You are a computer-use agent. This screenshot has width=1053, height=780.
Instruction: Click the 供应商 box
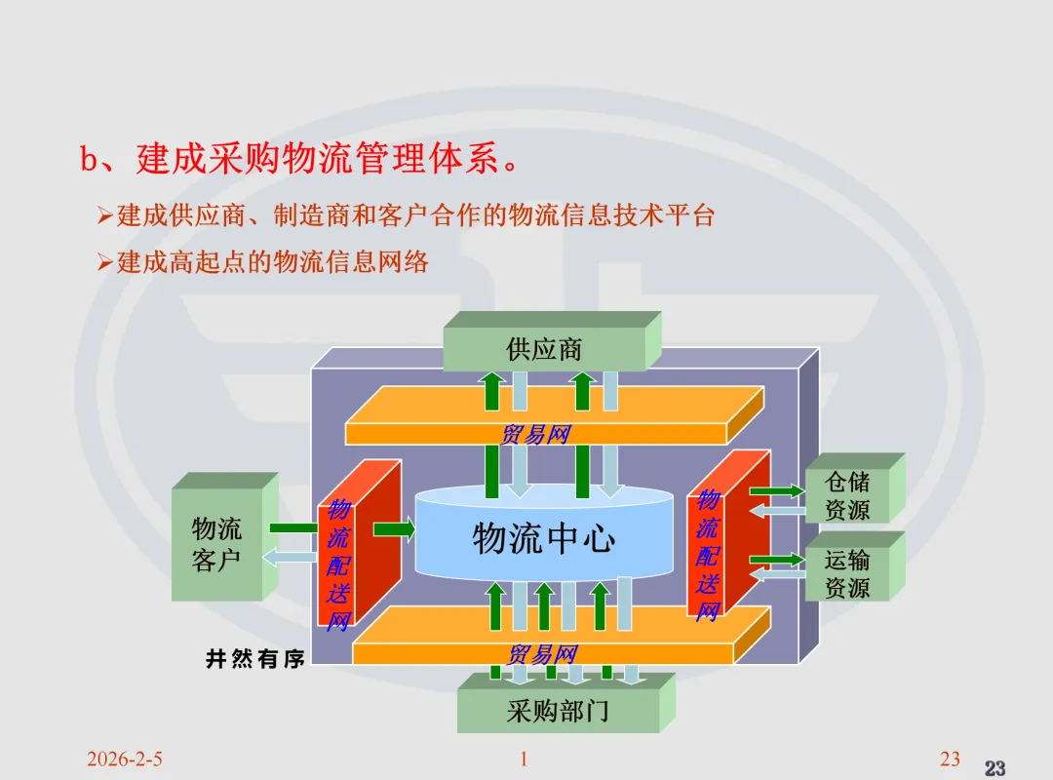pos(544,349)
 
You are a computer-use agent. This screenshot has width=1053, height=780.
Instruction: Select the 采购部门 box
pos(558,711)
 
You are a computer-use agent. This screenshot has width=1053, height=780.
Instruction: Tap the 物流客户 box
pos(216,544)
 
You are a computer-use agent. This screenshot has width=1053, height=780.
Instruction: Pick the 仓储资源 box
pos(846,495)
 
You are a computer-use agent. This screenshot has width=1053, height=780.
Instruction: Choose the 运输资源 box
pos(846,573)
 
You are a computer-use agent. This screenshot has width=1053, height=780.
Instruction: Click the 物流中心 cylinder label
pos(544,538)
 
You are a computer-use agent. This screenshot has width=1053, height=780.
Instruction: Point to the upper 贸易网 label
pos(534,435)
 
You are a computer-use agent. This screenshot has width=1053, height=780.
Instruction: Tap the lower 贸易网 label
pos(543,653)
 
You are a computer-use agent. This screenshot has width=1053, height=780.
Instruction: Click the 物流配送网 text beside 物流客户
pos(337,564)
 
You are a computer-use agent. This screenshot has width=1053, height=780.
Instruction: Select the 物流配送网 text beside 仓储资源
pos(707,554)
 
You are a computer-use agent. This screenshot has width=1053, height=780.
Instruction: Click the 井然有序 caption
pos(255,660)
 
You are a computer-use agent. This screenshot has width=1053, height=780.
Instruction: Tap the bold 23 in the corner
pos(994,768)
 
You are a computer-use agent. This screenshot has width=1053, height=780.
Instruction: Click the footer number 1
pos(524,760)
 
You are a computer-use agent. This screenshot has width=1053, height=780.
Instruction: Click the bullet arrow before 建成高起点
pos(105,262)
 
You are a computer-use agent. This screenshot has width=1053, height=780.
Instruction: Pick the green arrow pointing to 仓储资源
pos(776,490)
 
